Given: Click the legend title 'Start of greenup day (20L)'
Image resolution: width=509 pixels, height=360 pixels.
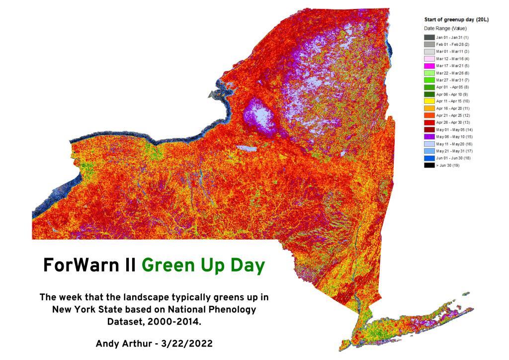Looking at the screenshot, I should (x=456, y=20).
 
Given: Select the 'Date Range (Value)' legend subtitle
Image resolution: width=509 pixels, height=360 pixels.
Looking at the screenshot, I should (x=445, y=28).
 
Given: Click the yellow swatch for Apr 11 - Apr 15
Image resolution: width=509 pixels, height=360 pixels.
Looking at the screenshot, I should (x=429, y=101).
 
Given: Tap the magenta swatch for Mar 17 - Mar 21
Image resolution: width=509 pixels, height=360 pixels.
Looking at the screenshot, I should (x=429, y=66).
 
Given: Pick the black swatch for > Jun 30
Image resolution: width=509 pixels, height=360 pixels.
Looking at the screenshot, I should (x=429, y=165).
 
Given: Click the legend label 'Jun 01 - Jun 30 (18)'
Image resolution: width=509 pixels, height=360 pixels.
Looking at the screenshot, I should (x=453, y=158).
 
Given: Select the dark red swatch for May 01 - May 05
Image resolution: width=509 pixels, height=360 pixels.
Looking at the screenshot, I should (x=429, y=129).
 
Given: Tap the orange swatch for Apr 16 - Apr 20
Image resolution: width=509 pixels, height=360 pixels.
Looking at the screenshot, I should (x=429, y=108).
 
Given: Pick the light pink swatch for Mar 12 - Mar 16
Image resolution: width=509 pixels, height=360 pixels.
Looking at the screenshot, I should (x=429, y=59).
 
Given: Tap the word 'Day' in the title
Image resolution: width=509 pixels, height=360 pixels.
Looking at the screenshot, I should (x=247, y=266).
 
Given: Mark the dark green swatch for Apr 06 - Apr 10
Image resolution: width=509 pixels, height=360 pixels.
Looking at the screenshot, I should (x=429, y=94).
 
